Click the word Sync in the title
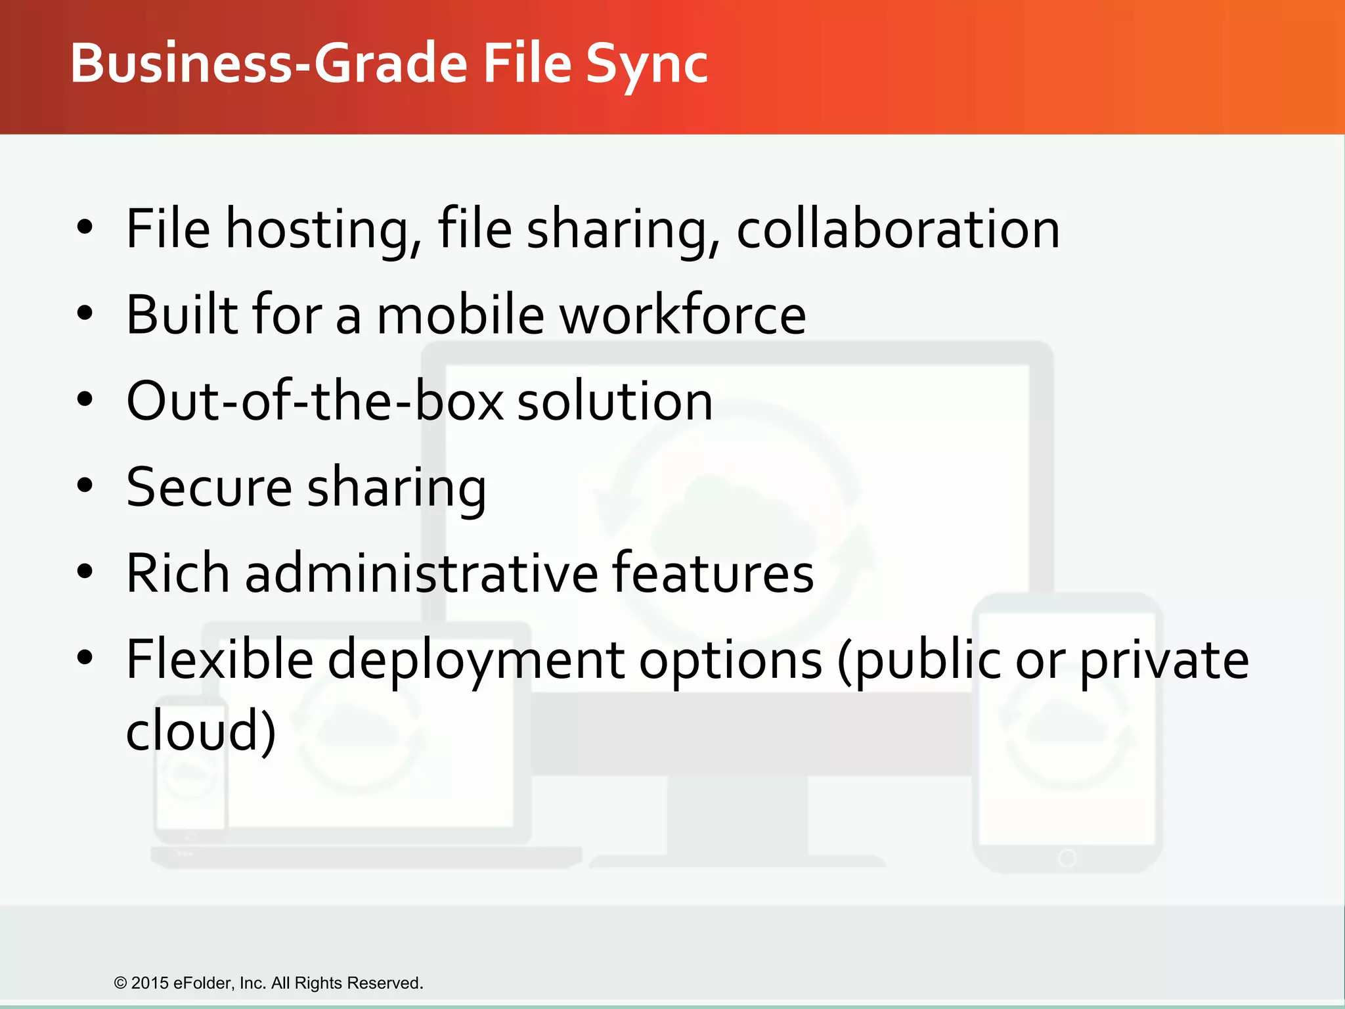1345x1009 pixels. coord(646,64)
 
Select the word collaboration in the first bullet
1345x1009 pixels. coord(898,229)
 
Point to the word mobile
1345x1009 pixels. coord(460,315)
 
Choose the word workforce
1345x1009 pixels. coord(682,315)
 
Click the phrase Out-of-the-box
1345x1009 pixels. coord(315,401)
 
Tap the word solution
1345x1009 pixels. coord(615,401)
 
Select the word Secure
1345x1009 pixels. coord(209,487)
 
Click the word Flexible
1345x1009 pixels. coord(219,660)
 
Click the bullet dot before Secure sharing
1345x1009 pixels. coord(85,486)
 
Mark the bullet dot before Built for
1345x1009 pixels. coord(85,314)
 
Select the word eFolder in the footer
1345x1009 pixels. coord(203,983)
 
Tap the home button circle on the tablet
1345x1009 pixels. coord(1067,858)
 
